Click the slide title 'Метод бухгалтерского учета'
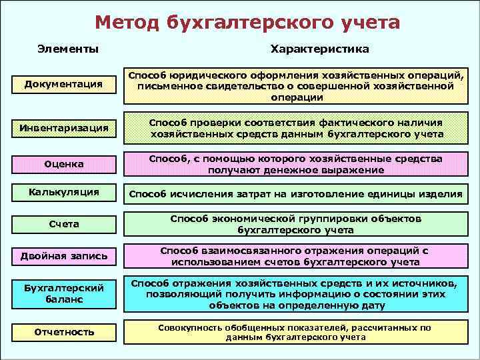tap(247, 23)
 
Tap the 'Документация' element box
tap(63, 84)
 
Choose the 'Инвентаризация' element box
tap(64, 127)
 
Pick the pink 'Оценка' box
tap(64, 163)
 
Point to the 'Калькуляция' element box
tap(64, 192)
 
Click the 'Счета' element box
tap(64, 224)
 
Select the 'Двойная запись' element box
tap(64, 256)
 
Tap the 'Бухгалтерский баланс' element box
tap(64, 293)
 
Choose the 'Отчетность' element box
tap(64, 331)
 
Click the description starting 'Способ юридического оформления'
tap(296, 86)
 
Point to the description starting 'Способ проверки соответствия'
tap(296, 128)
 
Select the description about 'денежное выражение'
tap(296, 164)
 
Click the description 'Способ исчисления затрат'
tap(296, 194)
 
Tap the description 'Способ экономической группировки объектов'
tap(296, 224)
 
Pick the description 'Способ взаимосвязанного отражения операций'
tap(296, 256)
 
